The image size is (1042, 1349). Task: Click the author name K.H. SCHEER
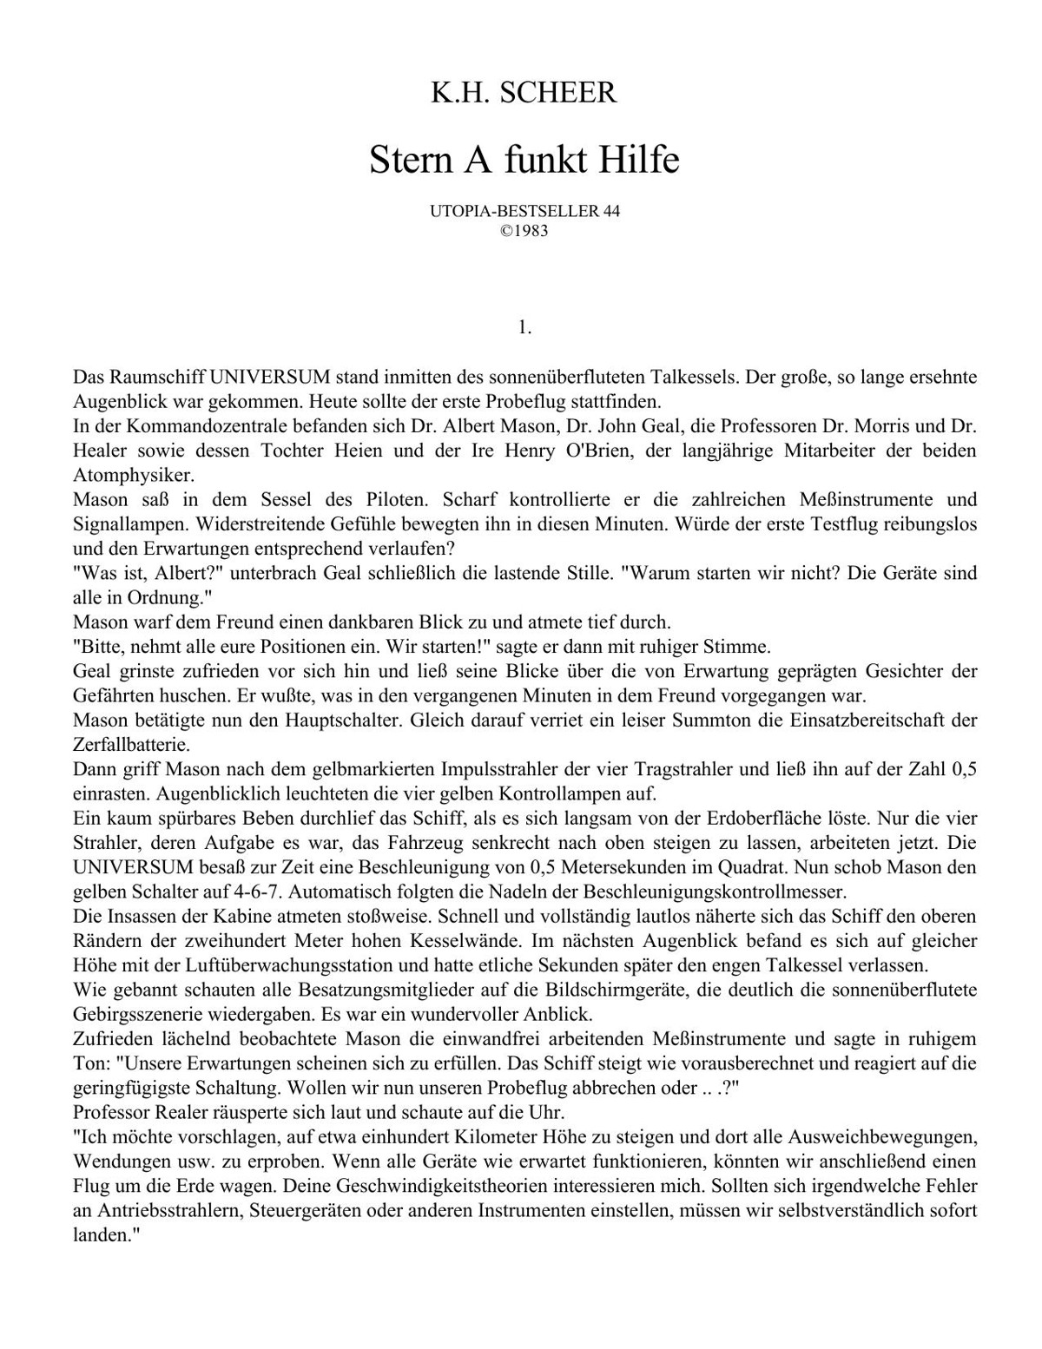[x=524, y=93]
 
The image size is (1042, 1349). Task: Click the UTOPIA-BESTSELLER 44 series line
[x=524, y=212]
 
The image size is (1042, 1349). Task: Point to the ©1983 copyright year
[x=524, y=232]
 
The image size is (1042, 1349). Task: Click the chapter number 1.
[x=524, y=327]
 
